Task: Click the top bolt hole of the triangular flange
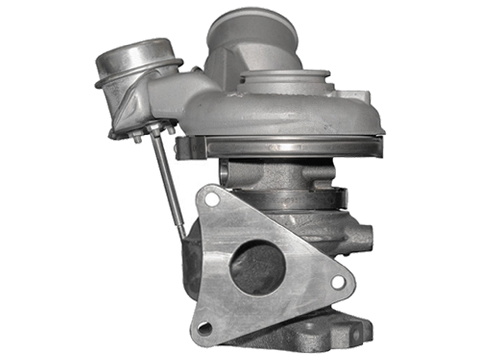[210, 200]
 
